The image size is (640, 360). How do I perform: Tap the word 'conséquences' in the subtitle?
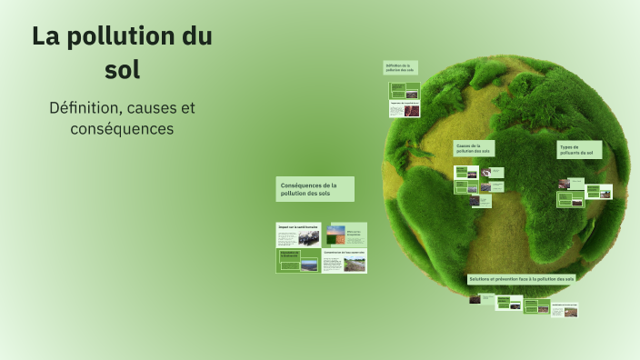click(x=122, y=129)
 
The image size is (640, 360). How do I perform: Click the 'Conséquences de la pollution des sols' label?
click(x=315, y=189)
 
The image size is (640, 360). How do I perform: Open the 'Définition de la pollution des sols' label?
click(x=400, y=67)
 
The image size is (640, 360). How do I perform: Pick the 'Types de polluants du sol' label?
click(x=578, y=150)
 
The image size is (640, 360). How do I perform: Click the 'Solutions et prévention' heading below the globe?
click(x=522, y=278)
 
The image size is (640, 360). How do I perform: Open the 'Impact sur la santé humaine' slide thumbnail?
click(x=298, y=235)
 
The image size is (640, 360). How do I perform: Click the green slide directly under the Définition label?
click(x=404, y=91)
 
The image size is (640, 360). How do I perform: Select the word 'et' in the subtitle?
click(x=187, y=107)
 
